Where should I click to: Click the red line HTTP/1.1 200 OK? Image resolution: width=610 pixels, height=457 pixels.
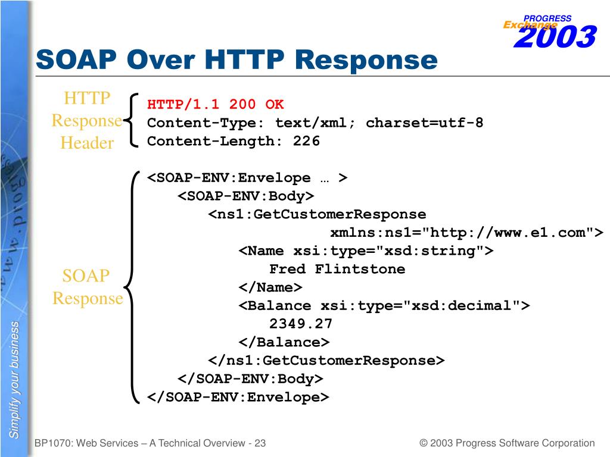(216, 105)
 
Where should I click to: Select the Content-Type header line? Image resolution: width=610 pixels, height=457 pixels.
(315, 123)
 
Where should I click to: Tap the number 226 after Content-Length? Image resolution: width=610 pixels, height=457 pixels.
(306, 141)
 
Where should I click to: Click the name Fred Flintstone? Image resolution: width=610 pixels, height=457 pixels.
(337, 269)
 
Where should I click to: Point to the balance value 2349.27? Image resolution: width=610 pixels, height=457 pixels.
(301, 324)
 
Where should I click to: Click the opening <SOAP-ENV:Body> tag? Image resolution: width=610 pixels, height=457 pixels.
(245, 196)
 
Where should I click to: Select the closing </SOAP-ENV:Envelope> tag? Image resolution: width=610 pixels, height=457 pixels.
(238, 397)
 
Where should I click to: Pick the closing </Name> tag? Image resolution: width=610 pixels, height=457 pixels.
(270, 287)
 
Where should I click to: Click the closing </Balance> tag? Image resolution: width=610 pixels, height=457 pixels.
(284, 342)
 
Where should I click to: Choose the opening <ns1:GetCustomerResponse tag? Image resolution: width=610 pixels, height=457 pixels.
(317, 214)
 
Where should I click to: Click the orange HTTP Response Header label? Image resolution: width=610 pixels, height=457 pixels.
(87, 120)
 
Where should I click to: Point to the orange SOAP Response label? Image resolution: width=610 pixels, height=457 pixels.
(87, 287)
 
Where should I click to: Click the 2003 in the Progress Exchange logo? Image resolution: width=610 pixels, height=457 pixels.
(554, 37)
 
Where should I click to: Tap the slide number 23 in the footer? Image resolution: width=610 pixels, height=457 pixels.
(260, 443)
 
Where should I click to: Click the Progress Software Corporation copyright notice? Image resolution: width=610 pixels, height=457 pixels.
(507, 443)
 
